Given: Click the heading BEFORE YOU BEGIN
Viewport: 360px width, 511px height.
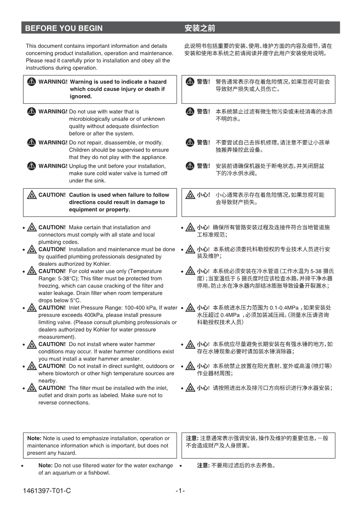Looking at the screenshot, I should (64, 28).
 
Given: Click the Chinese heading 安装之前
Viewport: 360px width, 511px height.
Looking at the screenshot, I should (200, 28).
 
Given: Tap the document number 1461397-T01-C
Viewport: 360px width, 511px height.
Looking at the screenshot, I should (47, 491).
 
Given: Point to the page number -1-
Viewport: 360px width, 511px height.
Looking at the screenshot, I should (180, 491).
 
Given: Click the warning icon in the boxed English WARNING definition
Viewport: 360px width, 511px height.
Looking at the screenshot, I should (31, 82).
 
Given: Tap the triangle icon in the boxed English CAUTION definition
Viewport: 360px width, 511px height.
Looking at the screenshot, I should (31, 195).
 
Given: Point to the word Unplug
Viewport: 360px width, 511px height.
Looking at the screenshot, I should (78, 166).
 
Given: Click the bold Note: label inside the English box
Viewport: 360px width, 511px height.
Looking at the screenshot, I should (34, 438).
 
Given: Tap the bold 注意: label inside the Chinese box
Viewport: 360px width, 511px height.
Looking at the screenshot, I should (192, 438).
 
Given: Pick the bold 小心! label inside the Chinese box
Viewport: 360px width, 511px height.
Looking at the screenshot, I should (203, 195).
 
